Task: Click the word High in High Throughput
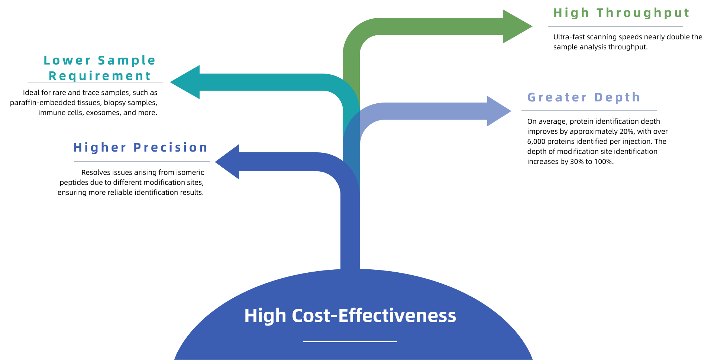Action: click(571, 13)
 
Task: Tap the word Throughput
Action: click(643, 13)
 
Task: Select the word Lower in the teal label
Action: click(67, 60)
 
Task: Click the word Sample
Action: click(126, 60)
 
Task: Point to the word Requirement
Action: click(100, 76)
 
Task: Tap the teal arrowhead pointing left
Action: click(186, 82)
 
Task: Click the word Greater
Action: click(557, 97)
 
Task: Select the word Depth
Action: click(617, 97)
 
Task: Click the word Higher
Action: click(100, 147)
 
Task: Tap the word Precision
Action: click(170, 147)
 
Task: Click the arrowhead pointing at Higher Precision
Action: click(228, 162)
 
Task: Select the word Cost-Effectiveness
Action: click(374, 316)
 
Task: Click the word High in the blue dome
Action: click(265, 316)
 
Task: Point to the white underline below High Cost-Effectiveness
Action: click(350, 341)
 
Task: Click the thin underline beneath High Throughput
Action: click(615, 26)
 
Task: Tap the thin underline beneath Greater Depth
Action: click(589, 111)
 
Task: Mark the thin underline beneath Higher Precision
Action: click(142, 162)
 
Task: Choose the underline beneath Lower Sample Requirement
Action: click(95, 82)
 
